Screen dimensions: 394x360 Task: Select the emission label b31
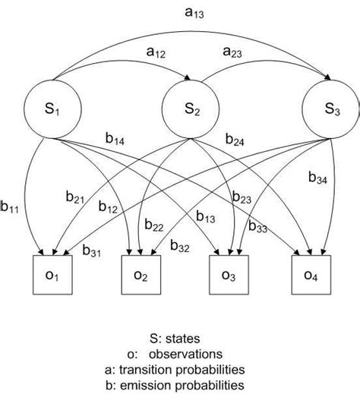click(93, 251)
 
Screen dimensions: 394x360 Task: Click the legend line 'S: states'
click(179, 339)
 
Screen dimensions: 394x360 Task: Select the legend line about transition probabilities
click(179, 370)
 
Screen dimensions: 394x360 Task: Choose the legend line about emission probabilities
click(179, 385)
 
